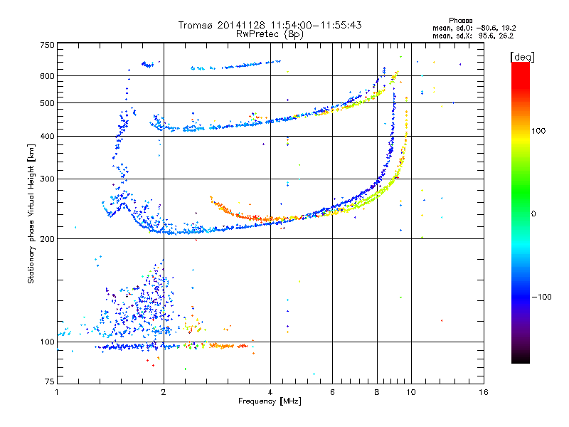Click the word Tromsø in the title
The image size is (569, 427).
195,25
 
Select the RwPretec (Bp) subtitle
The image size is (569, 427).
270,33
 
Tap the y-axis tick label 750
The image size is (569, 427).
47,45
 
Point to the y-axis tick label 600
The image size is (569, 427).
47,76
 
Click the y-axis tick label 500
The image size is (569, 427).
47,103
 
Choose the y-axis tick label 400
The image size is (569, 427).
47,137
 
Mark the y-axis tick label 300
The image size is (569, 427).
47,179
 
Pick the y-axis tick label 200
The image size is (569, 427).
47,239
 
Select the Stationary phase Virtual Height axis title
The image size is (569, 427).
31,213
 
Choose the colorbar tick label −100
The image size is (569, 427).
543,297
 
